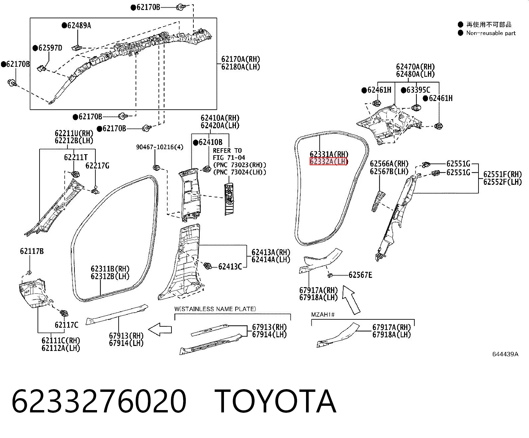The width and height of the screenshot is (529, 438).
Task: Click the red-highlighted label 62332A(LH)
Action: click(329, 161)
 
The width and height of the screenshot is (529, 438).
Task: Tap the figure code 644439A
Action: click(505, 354)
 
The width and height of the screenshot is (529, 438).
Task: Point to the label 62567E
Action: click(360, 275)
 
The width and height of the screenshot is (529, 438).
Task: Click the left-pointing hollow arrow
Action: click(160, 330)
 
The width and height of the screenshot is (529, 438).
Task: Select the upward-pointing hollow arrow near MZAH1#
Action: click(351, 300)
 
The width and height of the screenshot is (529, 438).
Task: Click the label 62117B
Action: click(32, 251)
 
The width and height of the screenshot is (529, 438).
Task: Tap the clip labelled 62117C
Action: click(64, 313)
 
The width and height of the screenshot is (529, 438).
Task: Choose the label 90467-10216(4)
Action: click(159, 147)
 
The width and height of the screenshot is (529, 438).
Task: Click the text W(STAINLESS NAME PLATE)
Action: click(215, 309)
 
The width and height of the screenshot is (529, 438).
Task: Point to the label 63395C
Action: click(418, 90)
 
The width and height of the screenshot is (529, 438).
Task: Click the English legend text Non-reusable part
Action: click(491, 33)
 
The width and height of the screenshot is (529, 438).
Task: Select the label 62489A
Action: click(79, 25)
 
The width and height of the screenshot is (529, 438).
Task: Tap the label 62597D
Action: click(50, 48)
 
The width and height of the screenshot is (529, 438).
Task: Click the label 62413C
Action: click(230, 267)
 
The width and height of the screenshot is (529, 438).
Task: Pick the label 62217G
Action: click(97, 165)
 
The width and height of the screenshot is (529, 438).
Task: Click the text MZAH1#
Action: click(323, 315)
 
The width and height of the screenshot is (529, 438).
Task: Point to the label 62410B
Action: click(211, 142)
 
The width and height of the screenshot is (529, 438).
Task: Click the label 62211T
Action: click(76, 158)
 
